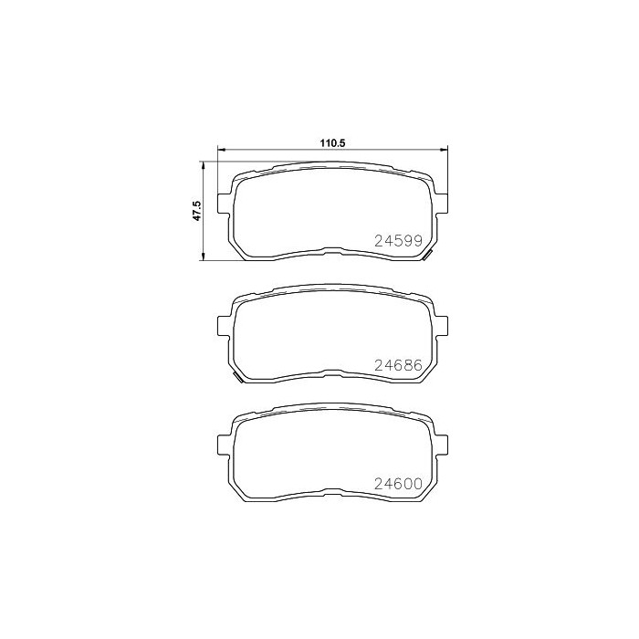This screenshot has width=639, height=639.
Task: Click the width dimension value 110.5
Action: point(333,143)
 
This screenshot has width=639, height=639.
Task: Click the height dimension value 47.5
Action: point(197,211)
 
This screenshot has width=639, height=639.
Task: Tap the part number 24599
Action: point(399,241)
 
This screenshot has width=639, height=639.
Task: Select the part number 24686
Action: point(399,365)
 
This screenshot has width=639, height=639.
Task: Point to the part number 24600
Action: point(399,484)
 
